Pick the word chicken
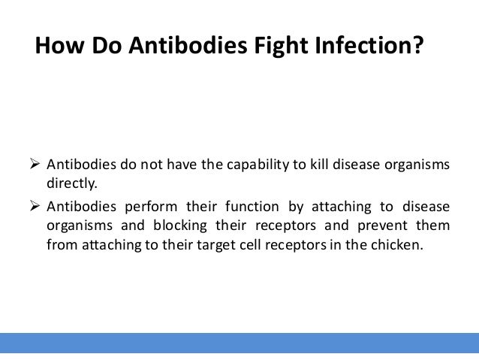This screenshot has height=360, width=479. [402, 243]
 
